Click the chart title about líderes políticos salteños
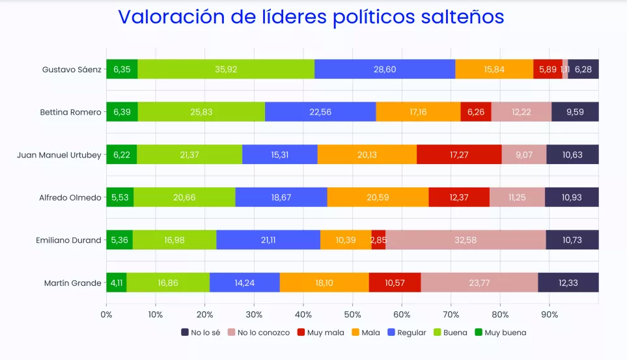[x=311, y=18]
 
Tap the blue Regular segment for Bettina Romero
[x=320, y=112]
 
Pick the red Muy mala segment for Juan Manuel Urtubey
[x=459, y=154]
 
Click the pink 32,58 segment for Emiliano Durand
[x=466, y=240]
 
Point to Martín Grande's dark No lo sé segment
[x=568, y=283]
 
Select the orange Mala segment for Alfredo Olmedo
[x=378, y=197]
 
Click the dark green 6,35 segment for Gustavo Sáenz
[x=122, y=69]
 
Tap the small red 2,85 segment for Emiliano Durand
[x=378, y=240]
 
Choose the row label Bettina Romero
[x=70, y=112]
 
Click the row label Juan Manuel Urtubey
[x=60, y=155]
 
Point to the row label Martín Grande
[x=73, y=283]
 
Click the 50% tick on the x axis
[x=352, y=315]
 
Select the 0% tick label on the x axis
[x=106, y=315]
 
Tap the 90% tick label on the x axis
[x=549, y=315]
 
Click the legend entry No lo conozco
[x=258, y=333]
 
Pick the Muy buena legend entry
[x=500, y=333]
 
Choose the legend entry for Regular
[x=406, y=333]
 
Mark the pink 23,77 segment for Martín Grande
[x=479, y=283]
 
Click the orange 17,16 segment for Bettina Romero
[x=418, y=112]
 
